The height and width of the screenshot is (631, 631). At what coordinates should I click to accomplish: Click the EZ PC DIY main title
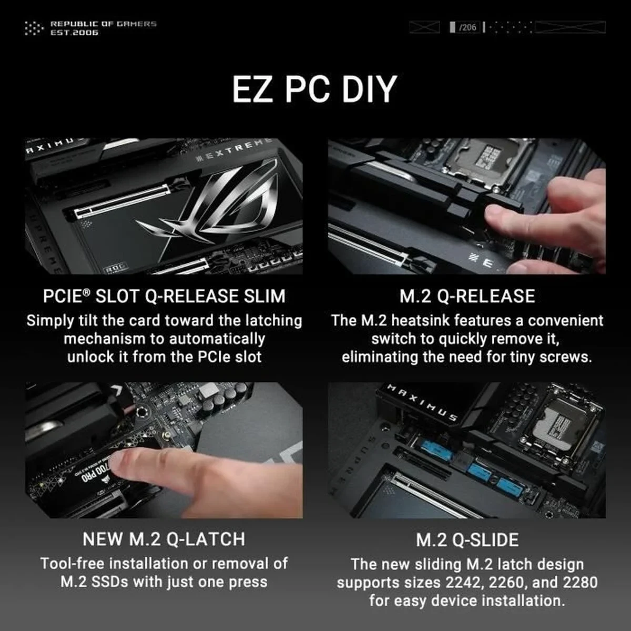pos(314,89)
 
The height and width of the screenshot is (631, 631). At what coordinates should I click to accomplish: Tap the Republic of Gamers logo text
pos(103,28)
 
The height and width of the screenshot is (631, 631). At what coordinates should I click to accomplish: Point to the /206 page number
pos(467,27)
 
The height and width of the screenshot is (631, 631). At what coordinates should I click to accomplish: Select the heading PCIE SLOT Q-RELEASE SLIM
pos(164,296)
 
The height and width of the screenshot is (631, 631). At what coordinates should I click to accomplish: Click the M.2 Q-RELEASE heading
pos(467,296)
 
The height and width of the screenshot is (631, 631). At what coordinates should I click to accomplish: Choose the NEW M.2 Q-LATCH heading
pos(164,539)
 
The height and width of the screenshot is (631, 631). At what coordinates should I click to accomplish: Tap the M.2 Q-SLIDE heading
pos(467,540)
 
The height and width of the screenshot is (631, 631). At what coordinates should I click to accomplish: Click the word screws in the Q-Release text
pos(569,357)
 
